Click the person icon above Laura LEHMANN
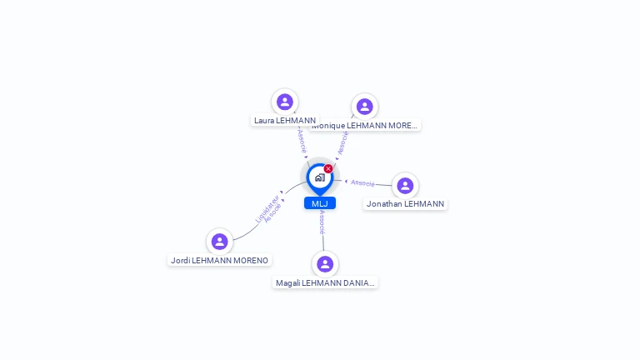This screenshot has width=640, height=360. coord(285,102)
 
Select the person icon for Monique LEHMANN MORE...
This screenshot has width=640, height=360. coord(364,106)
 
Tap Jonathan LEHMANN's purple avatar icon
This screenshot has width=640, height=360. coord(405,185)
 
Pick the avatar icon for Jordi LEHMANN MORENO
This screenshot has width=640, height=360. coord(219,242)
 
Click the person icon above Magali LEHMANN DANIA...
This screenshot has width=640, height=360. coord(325,264)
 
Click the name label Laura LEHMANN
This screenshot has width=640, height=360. coord(285,120)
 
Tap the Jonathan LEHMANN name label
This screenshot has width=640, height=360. coord(405,203)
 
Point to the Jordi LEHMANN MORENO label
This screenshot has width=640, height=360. coord(219,260)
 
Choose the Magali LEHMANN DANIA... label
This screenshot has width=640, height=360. coord(325,282)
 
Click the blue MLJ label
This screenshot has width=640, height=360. coord(320,203)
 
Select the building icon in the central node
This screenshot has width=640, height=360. coord(319,177)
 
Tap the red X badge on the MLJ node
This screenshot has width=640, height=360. coord(328,169)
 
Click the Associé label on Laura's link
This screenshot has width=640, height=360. coord(301,140)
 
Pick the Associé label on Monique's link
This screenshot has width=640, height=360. coord(342,142)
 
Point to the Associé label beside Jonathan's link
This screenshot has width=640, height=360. coord(362,182)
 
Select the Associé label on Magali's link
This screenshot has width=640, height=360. coord(322,222)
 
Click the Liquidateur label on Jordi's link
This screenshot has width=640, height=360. coord(267,208)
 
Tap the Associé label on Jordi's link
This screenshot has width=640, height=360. coord(274,212)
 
